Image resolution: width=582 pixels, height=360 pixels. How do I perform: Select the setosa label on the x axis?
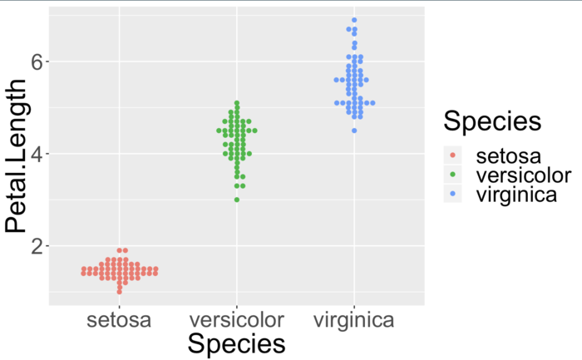(120, 319)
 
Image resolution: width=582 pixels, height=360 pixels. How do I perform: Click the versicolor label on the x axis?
(237, 319)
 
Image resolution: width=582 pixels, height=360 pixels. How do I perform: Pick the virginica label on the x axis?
(354, 319)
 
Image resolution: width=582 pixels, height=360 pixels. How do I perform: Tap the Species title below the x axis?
(237, 344)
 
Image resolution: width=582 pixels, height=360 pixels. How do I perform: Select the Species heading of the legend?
(492, 121)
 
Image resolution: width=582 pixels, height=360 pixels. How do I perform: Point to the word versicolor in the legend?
(523, 175)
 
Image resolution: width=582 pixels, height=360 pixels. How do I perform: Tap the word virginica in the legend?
(516, 195)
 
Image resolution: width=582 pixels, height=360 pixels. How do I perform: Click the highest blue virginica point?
(354, 20)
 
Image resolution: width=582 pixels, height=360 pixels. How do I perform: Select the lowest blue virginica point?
(354, 131)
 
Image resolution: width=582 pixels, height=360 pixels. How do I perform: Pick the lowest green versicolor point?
(237, 200)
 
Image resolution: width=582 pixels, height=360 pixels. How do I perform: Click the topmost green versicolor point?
(237, 103)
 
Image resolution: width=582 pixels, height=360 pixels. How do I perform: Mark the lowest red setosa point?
(120, 292)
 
